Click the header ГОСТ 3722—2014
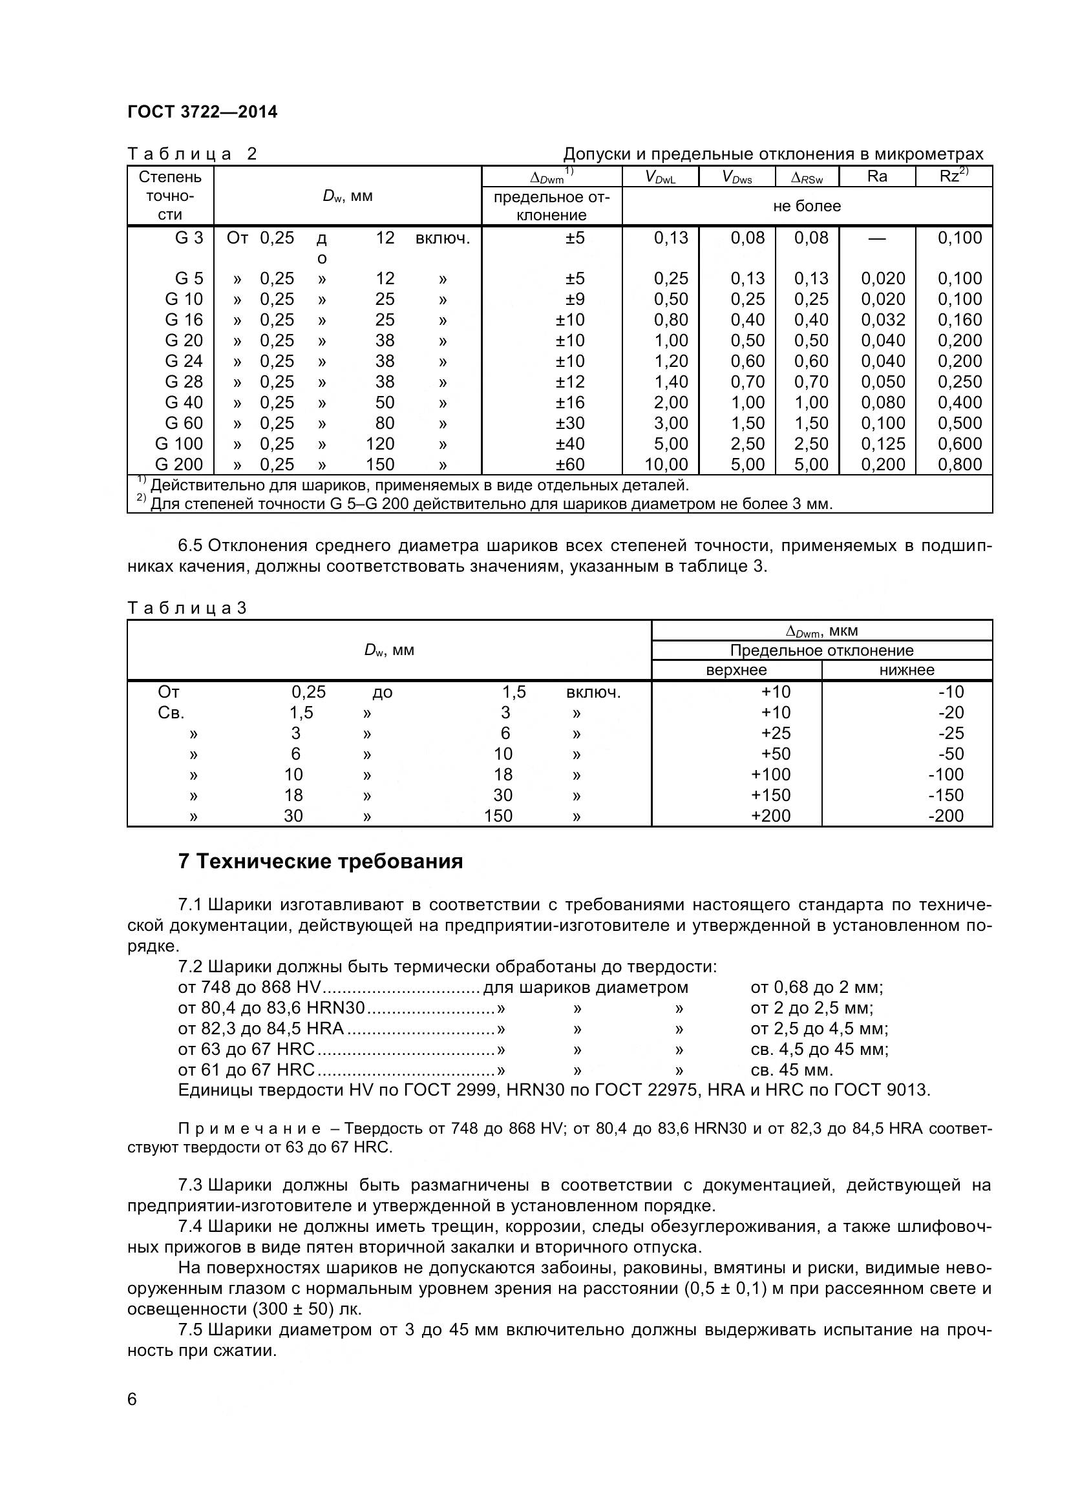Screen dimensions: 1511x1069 click(x=202, y=112)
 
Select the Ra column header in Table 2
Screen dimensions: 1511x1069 click(x=877, y=176)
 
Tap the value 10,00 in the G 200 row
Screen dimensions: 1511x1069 click(x=666, y=464)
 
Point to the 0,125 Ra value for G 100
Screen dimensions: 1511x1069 click(x=883, y=444)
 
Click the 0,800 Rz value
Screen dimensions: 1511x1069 click(x=959, y=464)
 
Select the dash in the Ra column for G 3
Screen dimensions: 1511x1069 click(x=877, y=238)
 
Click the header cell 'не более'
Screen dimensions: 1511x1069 click(x=807, y=206)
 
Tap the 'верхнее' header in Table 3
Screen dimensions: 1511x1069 click(x=736, y=670)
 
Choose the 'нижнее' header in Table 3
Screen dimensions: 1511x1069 click(x=906, y=670)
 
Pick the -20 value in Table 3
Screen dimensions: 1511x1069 click(x=951, y=713)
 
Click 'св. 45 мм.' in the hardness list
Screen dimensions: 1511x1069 click(x=791, y=1069)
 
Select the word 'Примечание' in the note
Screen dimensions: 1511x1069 click(x=249, y=1129)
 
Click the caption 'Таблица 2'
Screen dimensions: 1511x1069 click(x=191, y=154)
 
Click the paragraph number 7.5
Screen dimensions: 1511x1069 click(x=190, y=1330)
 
